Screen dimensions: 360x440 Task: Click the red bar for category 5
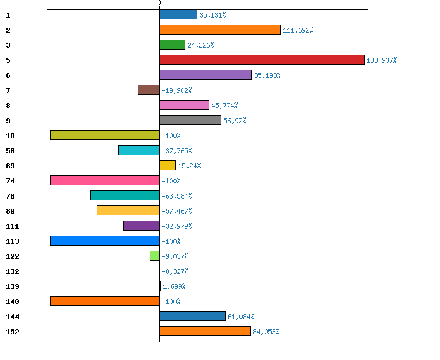[262, 60]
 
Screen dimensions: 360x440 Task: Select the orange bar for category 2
[220, 30]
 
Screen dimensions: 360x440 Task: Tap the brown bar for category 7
[148, 90]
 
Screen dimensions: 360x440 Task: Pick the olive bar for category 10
[105, 135]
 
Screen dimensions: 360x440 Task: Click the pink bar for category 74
[105, 180]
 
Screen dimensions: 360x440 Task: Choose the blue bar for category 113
[105, 241]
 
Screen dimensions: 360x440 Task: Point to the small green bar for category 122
[155, 256]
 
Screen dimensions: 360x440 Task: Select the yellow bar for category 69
[168, 165]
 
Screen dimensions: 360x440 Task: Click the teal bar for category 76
[124, 195]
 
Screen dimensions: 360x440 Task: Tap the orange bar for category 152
[205, 331]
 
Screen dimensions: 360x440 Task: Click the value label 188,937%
[382, 60]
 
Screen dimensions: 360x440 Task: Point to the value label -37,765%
[177, 151]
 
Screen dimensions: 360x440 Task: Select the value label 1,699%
[174, 286]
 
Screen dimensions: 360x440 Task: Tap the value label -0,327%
[175, 271]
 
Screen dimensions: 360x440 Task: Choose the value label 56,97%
[234, 121]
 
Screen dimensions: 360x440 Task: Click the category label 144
[12, 317]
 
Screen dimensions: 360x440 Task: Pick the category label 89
[10, 211]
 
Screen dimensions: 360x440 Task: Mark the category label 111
[12, 226]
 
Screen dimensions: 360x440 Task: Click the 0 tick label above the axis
[159, 3]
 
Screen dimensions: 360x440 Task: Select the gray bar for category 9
[190, 120]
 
